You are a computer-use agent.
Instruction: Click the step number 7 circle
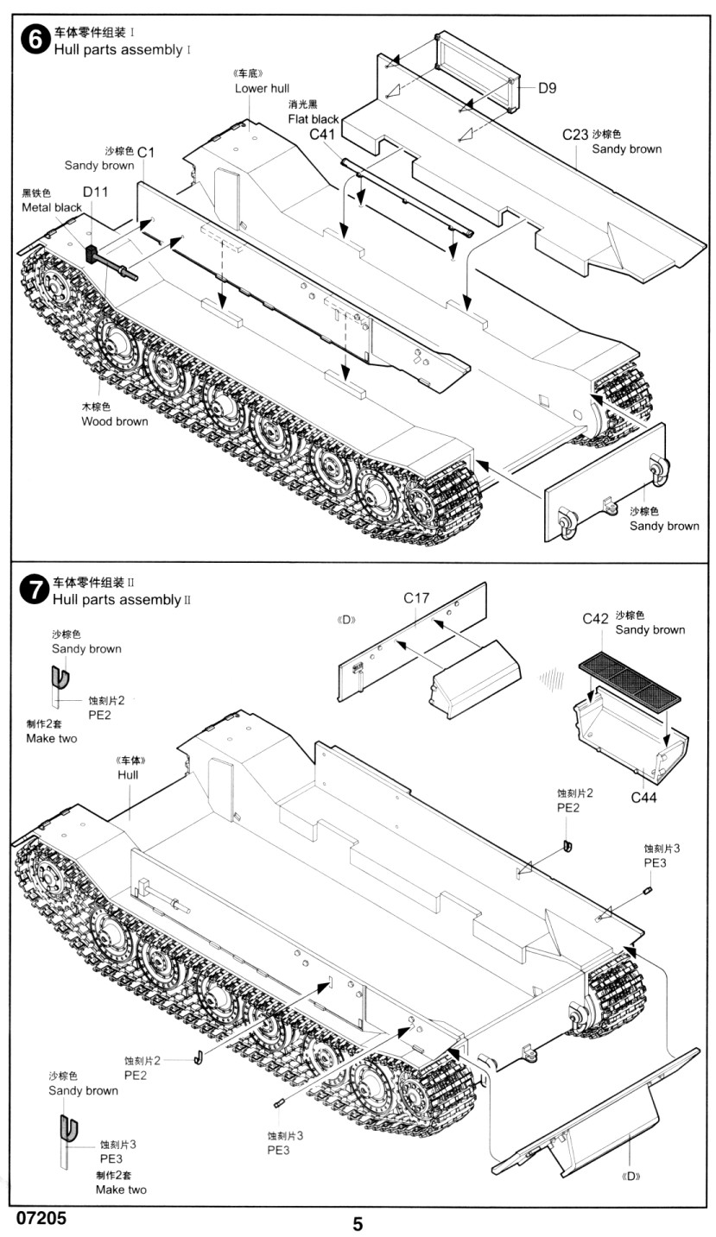[34, 590]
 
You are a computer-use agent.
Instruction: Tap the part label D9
[548, 87]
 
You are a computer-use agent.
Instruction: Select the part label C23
[574, 135]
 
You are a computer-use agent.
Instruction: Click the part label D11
[95, 192]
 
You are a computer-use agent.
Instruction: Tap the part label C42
[596, 618]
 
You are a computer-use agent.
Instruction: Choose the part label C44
[644, 797]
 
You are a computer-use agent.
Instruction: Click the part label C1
[146, 152]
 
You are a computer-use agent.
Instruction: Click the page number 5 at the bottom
[358, 1224]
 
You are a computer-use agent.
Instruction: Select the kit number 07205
[40, 1218]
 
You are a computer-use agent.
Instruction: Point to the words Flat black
[314, 119]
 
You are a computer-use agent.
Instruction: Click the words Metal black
[52, 207]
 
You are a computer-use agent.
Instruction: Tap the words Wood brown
[115, 421]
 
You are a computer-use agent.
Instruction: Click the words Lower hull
[262, 88]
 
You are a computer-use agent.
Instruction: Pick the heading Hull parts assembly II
[121, 599]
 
